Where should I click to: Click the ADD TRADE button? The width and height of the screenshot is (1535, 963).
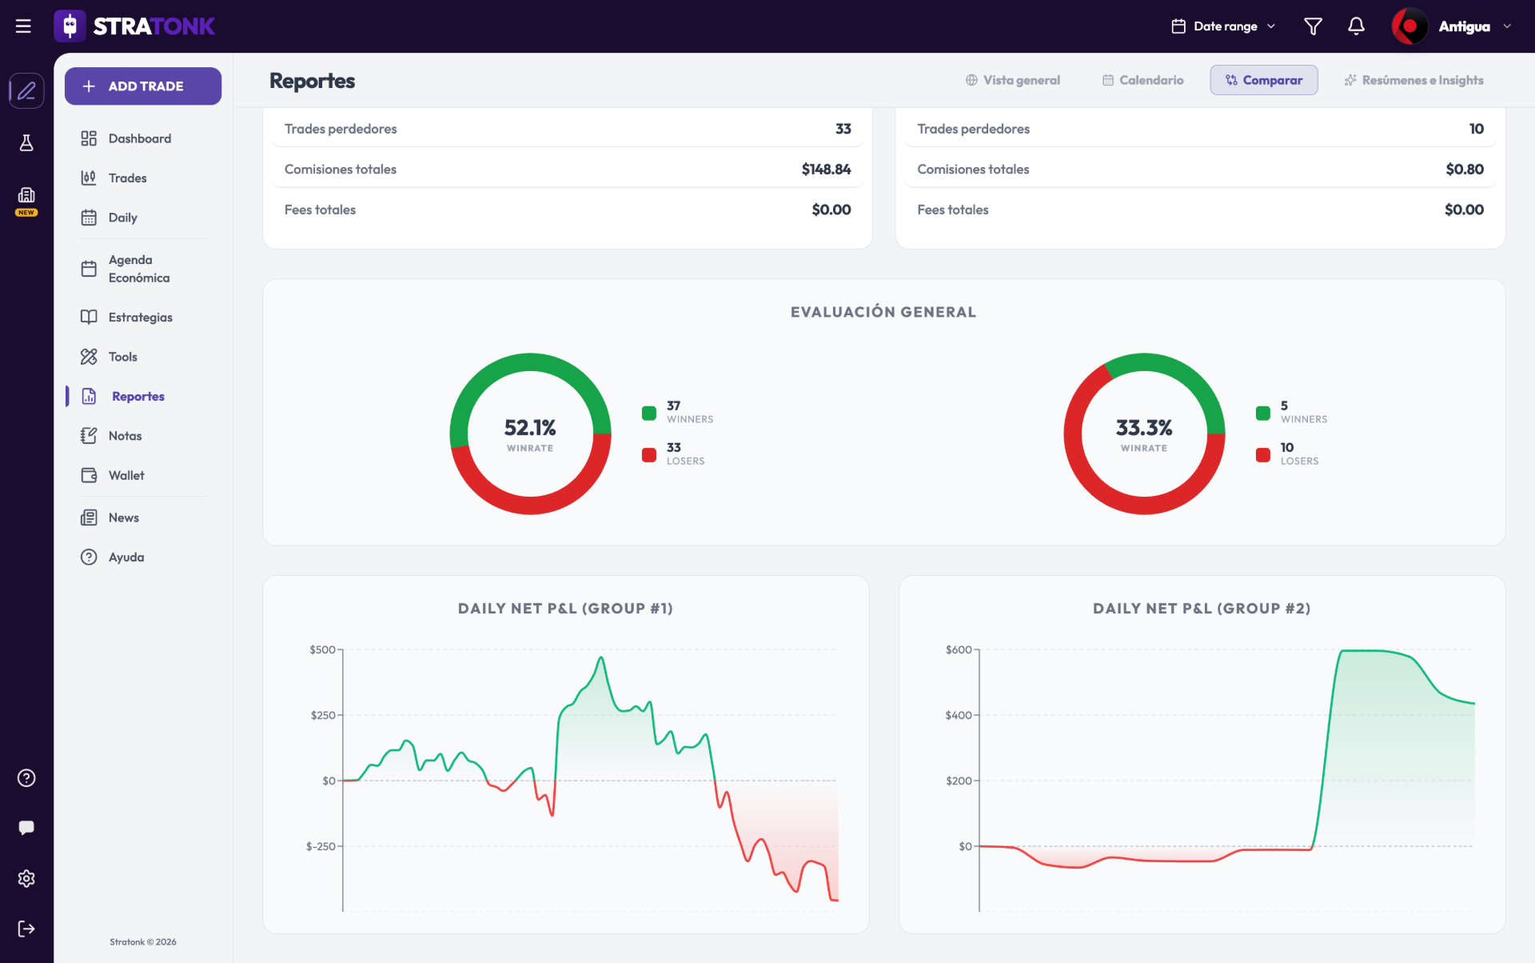coord(143,86)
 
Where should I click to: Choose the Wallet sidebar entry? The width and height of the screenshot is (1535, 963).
coord(126,475)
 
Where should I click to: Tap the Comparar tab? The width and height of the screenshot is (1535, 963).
coord(1263,80)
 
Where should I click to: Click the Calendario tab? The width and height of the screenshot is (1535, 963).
coord(1142,80)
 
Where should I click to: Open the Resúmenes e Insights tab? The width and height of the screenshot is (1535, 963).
coord(1413,80)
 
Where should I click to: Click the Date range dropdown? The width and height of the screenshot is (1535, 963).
coord(1223,26)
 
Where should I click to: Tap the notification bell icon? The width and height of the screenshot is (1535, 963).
coord(1356,26)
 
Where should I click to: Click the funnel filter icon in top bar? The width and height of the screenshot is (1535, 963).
coord(1313,26)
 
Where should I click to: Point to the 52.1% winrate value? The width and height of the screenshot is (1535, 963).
coord(530,428)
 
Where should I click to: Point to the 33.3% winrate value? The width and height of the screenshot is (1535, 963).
coord(1144,428)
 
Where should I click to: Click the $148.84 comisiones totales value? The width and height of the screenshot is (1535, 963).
coord(826,170)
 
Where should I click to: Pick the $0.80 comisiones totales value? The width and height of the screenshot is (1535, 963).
coord(1464,170)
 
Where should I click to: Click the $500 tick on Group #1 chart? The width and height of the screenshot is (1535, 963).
coord(322,649)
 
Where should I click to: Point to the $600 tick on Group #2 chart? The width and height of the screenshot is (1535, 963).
coord(959,649)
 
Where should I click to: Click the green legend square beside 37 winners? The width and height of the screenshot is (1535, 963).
coord(649,413)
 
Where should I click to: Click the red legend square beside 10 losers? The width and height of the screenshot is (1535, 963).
coord(1263,454)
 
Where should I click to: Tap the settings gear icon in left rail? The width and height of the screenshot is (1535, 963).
coord(26,878)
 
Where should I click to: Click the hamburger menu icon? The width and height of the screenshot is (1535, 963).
coord(23,26)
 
